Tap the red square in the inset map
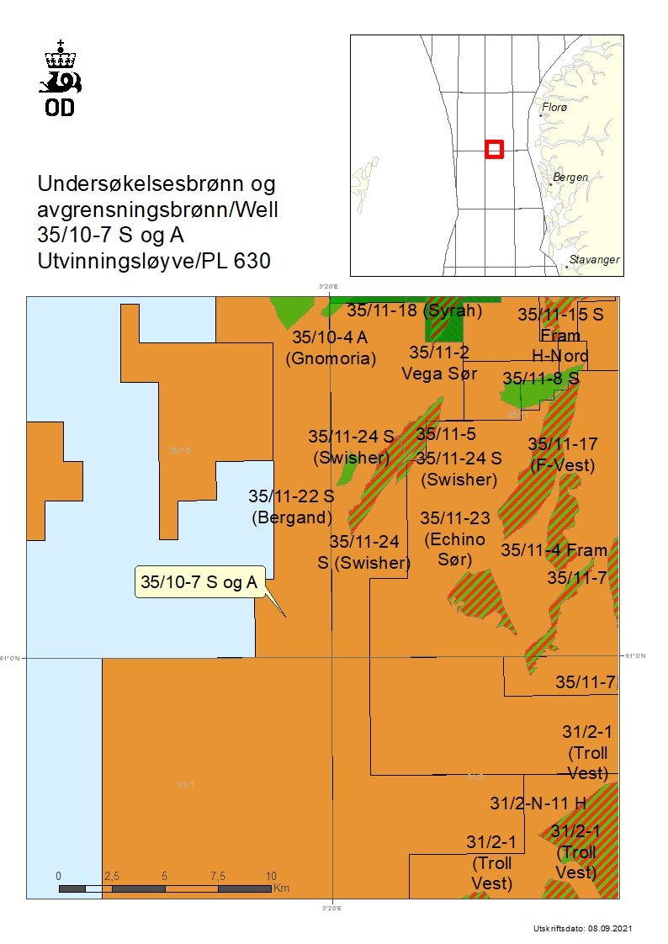pos(495,149)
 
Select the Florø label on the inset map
pos(555,109)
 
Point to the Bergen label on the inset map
pos(570,178)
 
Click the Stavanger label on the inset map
pos(595,260)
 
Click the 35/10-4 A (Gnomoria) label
pos(331,347)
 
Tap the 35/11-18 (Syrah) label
pos(414,310)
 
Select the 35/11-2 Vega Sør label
pos(439,363)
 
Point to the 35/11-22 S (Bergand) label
pos(291,506)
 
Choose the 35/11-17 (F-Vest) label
pos(563,453)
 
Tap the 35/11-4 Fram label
pos(554,550)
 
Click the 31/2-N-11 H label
pos(538,803)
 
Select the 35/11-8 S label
pos(541,379)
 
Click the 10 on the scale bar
pos(271,876)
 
